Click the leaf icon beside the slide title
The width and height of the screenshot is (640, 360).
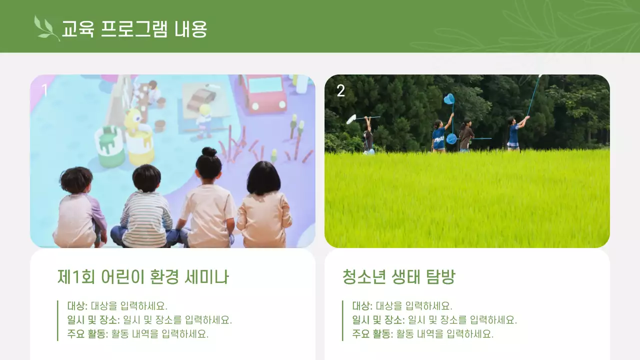coord(46,28)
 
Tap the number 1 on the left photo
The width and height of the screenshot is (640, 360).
coord(44,90)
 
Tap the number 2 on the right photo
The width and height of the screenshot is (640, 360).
coord(340,90)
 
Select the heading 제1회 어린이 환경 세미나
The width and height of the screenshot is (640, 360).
coord(143,276)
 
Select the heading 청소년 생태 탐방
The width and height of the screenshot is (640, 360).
coord(398,276)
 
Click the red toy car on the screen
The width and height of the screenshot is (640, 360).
coord(263,93)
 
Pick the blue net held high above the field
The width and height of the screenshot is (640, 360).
coord(449,99)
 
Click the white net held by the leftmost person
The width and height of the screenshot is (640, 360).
coord(351,119)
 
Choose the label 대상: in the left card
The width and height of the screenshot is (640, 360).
coord(77,306)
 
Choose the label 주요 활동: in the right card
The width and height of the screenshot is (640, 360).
coord(372,334)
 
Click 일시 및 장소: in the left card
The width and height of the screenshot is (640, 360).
coord(93,320)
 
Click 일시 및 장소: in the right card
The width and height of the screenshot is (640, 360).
coord(378,320)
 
